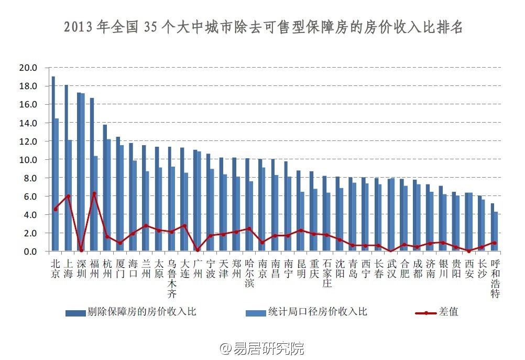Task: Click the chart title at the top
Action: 263,28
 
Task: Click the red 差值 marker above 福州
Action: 94,194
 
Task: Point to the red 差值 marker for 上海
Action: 68,196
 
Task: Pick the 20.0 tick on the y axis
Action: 27,68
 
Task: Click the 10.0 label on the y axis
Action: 27,159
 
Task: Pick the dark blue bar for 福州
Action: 92,174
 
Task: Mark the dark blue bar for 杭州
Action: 104,188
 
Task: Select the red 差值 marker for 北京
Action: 56,209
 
